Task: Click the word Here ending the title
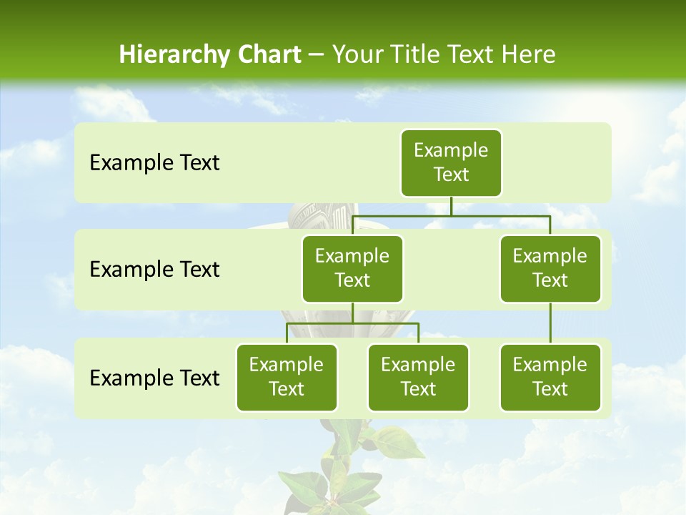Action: (527, 55)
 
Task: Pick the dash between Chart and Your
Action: (317, 56)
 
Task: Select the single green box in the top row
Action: (451, 163)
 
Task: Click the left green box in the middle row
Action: (352, 269)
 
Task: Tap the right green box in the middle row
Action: (550, 269)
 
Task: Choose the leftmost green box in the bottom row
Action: (287, 378)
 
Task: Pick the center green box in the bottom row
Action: (418, 378)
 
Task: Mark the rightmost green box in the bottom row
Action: (550, 378)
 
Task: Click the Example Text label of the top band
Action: (154, 163)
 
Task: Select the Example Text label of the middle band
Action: (154, 270)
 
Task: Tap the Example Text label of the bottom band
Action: (154, 378)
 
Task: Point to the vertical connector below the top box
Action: (451, 206)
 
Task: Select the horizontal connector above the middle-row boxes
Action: (451, 215)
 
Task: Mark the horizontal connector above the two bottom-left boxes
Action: (352, 323)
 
